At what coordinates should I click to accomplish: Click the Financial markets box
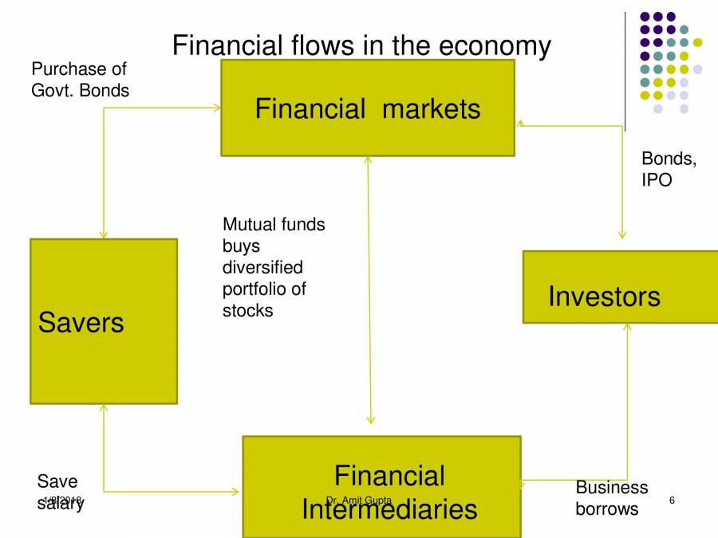367,108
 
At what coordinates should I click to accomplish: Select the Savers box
104,320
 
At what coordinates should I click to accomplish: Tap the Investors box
619,287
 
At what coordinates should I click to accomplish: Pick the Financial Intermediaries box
381,486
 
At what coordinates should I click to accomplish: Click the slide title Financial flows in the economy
361,45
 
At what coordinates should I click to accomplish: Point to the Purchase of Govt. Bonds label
80,80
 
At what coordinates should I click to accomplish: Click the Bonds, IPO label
668,169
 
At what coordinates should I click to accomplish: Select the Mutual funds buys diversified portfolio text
274,267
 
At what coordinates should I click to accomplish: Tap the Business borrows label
611,497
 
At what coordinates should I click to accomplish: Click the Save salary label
60,491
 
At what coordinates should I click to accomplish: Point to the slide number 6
672,500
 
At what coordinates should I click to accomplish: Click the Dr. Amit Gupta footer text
358,500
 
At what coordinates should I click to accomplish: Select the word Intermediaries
389,509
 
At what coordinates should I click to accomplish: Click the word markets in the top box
431,108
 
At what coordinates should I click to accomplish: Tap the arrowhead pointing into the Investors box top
621,235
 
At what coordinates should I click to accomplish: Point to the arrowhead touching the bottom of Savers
103,408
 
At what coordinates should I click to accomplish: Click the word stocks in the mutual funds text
247,310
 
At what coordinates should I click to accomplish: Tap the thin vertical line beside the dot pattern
625,72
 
